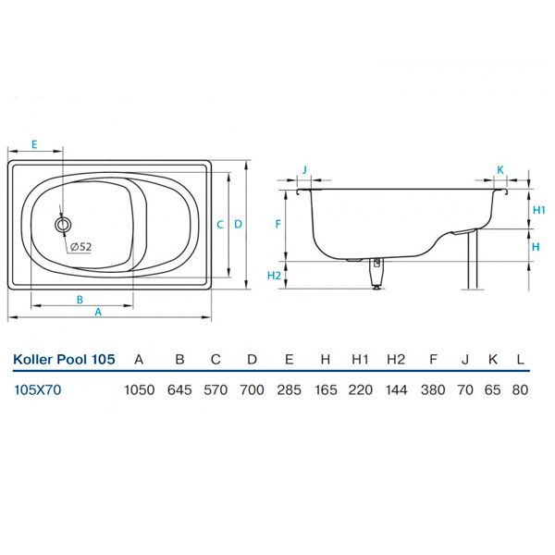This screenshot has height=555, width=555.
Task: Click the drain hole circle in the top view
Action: pyautogui.click(x=63, y=224)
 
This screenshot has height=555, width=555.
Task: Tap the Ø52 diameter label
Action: pyautogui.click(x=80, y=246)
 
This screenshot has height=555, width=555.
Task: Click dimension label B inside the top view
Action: pyautogui.click(x=80, y=299)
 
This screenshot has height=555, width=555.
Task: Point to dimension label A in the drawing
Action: pyautogui.click(x=98, y=313)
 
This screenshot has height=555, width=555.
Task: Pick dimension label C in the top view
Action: pyautogui.click(x=219, y=224)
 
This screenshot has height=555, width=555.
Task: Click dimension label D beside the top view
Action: pyautogui.click(x=238, y=224)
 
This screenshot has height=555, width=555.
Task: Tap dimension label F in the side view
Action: pyautogui.click(x=277, y=224)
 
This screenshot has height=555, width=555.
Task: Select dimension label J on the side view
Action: pyautogui.click(x=304, y=169)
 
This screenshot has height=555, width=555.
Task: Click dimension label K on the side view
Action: pyautogui.click(x=500, y=169)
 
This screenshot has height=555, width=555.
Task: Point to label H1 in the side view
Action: pyautogui.click(x=538, y=210)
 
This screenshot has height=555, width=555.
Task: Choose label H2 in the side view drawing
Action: pyautogui.click(x=273, y=276)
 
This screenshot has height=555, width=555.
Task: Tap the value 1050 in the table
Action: pyautogui.click(x=139, y=389)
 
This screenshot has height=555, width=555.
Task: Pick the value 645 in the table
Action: pyautogui.click(x=179, y=389)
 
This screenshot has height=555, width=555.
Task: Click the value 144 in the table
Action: pyautogui.click(x=396, y=389)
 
